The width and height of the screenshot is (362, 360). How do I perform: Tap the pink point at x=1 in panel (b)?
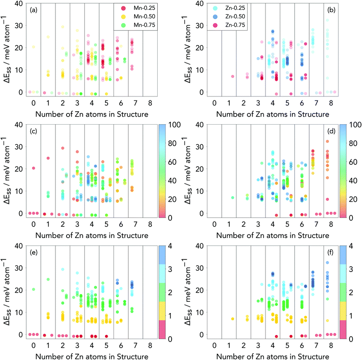(232, 76)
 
